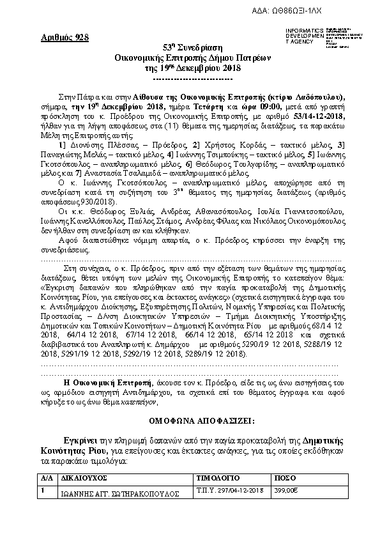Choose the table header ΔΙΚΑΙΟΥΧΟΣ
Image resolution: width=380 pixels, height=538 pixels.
[x=84, y=477]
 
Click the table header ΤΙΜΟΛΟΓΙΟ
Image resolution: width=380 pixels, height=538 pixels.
[x=216, y=477]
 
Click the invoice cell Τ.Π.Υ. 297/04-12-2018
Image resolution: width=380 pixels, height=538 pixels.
[x=230, y=489]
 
